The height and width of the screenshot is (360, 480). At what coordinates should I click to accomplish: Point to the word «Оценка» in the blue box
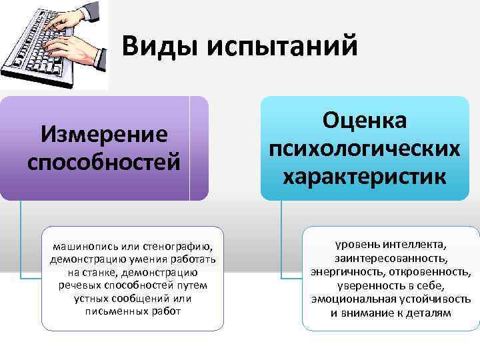[x=364, y=121]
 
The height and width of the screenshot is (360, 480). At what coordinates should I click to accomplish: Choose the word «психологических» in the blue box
[x=364, y=149]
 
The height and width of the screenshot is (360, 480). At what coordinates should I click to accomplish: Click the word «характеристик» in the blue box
[x=364, y=177]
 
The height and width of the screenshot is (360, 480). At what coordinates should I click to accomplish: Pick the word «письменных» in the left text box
[x=113, y=311]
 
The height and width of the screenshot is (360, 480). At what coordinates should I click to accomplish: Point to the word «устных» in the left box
[x=92, y=299]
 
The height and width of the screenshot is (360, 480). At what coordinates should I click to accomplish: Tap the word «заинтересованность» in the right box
[x=391, y=258]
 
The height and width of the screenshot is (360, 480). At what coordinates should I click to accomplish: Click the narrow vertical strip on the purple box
[x=199, y=148]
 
